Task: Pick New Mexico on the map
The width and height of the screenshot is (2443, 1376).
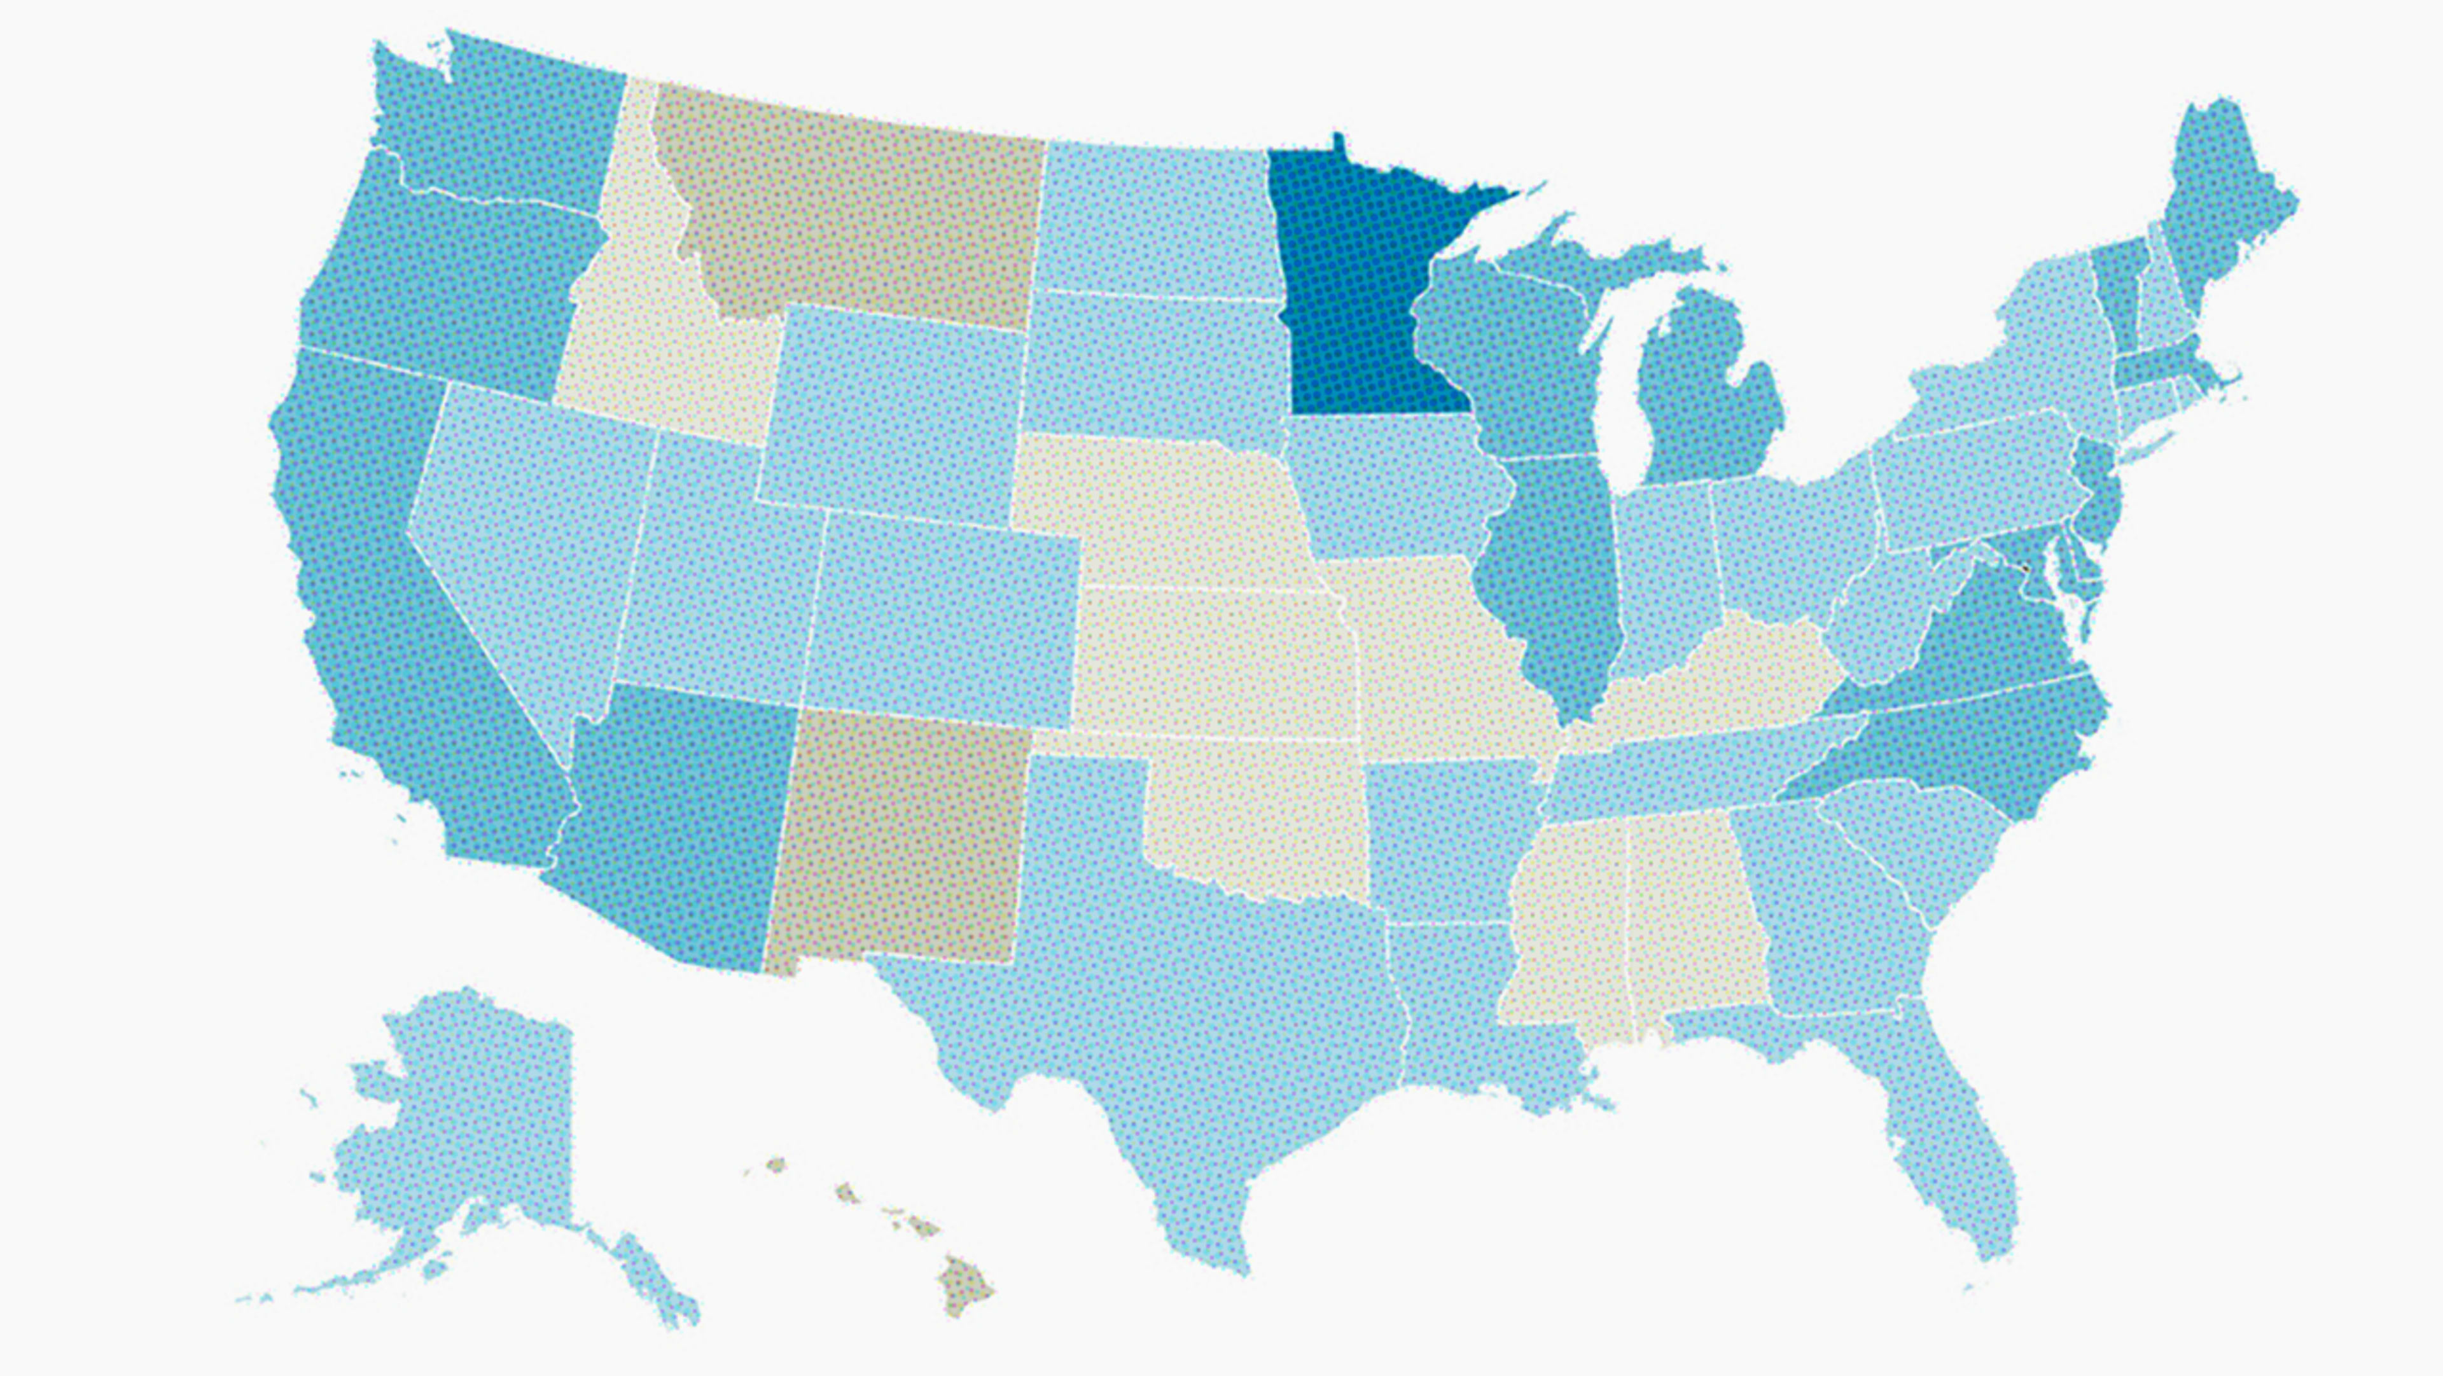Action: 901,844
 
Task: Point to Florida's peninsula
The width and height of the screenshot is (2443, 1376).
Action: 1963,1167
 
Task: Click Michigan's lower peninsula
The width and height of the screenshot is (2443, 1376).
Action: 1707,398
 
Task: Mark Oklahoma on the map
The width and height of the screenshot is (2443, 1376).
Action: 1262,816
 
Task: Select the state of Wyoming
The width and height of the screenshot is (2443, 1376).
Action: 891,417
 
